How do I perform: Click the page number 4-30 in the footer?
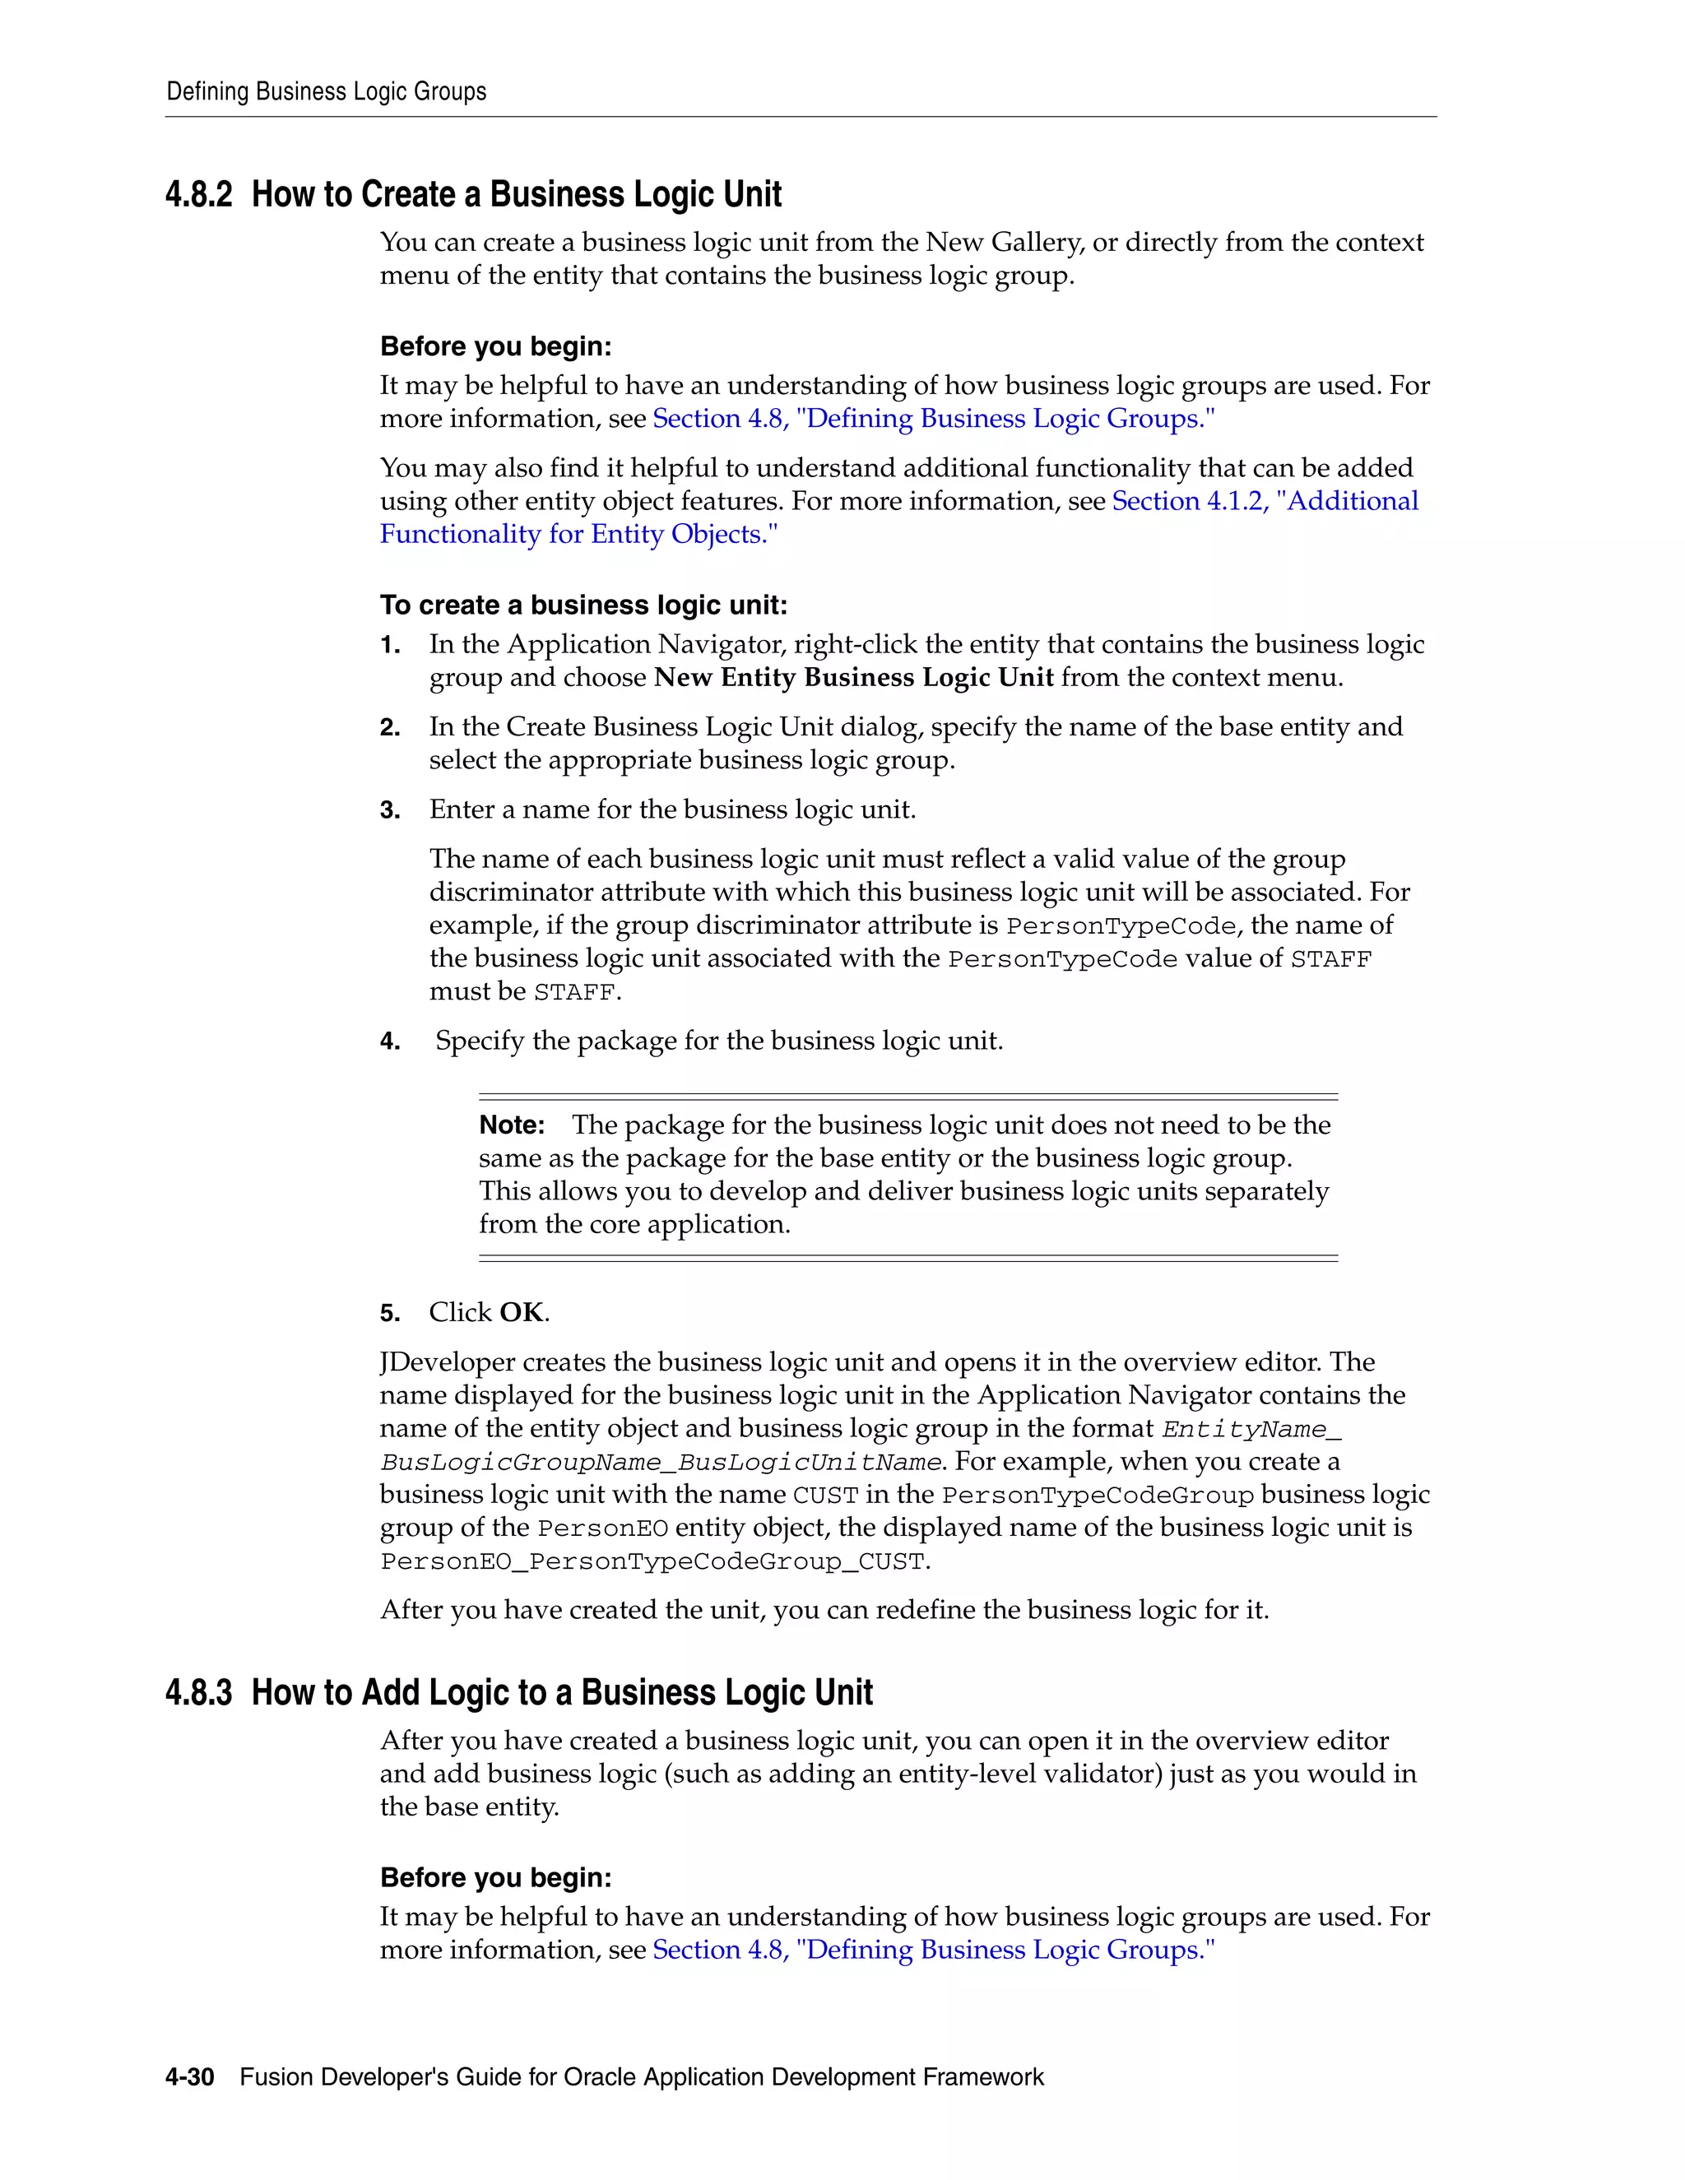click(x=190, y=2077)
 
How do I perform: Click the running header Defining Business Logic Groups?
click(x=327, y=92)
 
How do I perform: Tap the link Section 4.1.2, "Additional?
click(x=1265, y=501)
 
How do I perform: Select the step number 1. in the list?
click(x=390, y=646)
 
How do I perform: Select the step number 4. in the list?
click(x=390, y=1042)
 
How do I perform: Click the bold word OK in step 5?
click(x=521, y=1313)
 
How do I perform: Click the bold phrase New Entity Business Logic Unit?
click(x=853, y=678)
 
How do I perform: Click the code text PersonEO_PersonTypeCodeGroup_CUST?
click(x=652, y=1561)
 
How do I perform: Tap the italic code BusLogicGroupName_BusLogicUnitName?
click(x=660, y=1463)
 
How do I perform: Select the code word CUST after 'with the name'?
click(x=825, y=1496)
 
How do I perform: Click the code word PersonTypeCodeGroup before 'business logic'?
click(x=1097, y=1496)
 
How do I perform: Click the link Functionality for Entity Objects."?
click(x=578, y=534)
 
